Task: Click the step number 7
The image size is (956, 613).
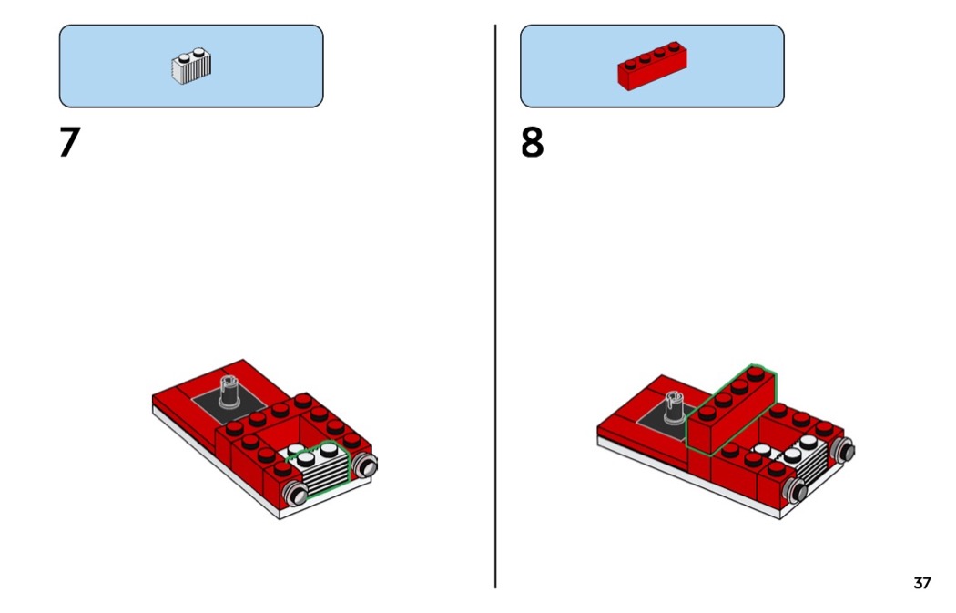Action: point(69,142)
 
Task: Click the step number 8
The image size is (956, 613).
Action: point(532,142)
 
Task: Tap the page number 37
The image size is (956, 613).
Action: point(921,583)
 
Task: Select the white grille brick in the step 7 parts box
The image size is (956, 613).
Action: point(191,66)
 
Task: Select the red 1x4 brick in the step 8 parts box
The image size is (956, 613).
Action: point(652,66)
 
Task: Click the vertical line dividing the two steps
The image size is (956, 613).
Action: point(495,306)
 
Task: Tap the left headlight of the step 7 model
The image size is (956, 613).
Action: point(296,493)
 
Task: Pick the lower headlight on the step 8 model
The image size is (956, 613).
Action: point(796,490)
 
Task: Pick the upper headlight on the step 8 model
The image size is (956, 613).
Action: point(844,450)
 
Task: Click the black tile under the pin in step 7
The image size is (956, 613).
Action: point(229,404)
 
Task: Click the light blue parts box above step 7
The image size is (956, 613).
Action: point(191,66)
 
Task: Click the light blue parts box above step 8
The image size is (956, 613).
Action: point(652,66)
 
